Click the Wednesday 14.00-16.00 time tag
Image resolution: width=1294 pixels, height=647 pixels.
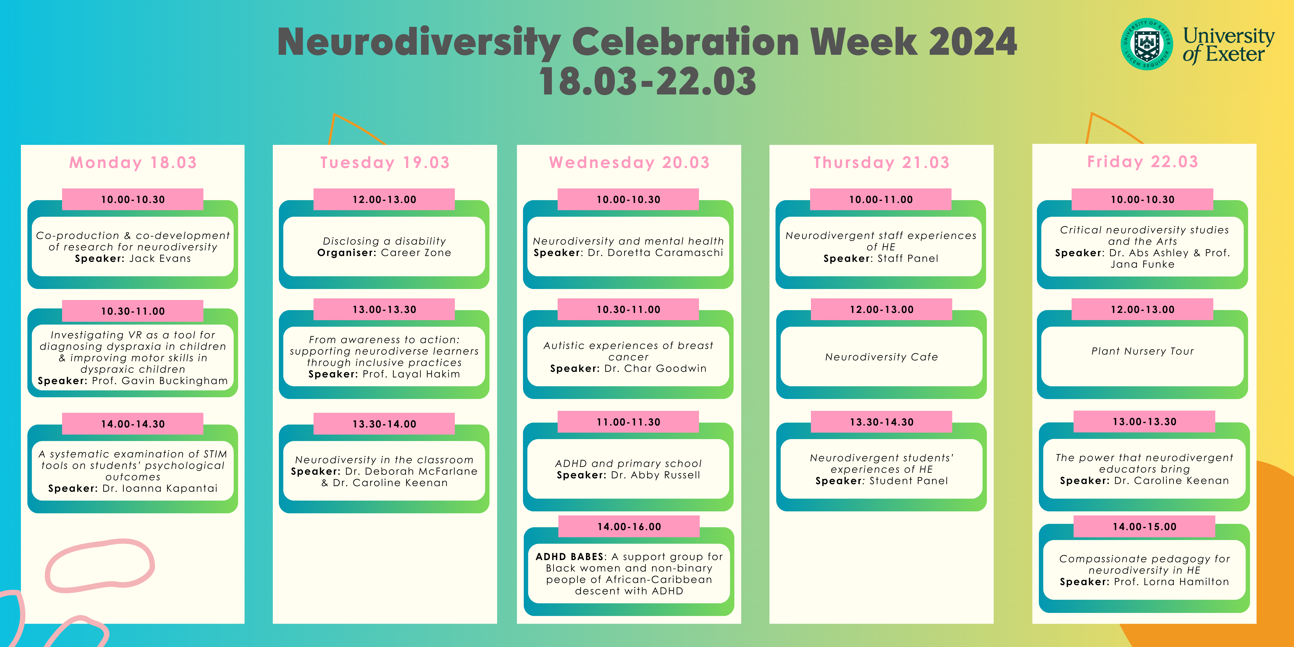point(629,526)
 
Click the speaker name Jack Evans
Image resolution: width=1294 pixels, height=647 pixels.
point(160,259)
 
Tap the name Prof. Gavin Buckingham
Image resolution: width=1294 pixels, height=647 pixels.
point(160,381)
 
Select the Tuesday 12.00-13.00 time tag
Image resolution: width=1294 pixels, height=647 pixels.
point(384,199)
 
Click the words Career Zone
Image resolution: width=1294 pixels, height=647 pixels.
point(416,253)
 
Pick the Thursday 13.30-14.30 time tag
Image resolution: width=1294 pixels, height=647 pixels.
point(882,422)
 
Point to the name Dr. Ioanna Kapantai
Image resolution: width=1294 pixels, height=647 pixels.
point(160,488)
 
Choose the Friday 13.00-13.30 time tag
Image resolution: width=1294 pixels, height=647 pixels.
point(1144,421)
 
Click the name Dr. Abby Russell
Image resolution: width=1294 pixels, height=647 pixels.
point(656,475)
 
